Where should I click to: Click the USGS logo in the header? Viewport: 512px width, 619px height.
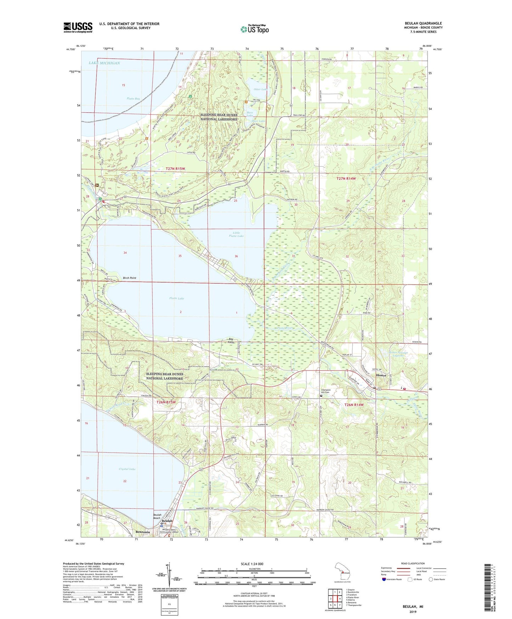(x=78, y=27)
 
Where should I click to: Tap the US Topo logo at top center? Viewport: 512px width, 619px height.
(x=254, y=29)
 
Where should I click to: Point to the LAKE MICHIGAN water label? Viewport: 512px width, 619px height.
(x=105, y=63)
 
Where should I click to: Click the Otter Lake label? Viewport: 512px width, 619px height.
(x=260, y=89)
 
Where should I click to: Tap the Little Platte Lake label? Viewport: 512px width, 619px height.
(x=236, y=234)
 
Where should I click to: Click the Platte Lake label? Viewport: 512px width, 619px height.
(x=176, y=299)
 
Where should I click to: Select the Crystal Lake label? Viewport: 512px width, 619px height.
(x=127, y=469)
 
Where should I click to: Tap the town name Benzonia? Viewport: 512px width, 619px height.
(x=143, y=532)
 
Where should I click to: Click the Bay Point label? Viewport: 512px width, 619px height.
(x=231, y=341)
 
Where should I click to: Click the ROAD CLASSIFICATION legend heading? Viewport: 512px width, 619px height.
(x=412, y=563)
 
